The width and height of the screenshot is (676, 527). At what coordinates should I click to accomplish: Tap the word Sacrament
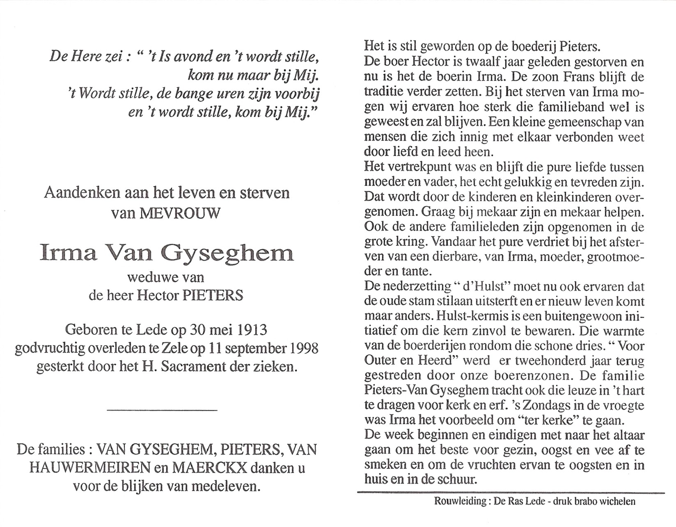(192, 366)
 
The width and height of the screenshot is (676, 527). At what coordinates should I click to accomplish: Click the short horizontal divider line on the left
(162, 409)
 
